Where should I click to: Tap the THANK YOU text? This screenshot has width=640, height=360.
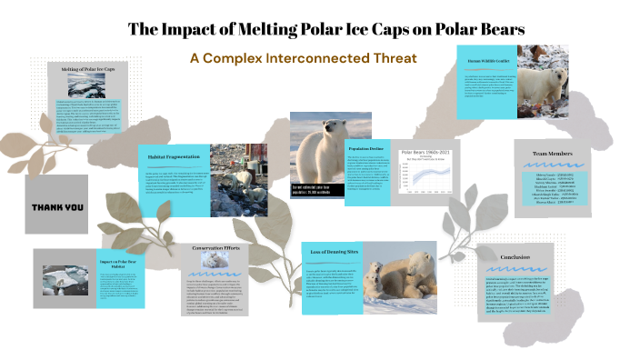(57, 206)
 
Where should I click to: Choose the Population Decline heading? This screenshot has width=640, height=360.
(365, 145)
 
